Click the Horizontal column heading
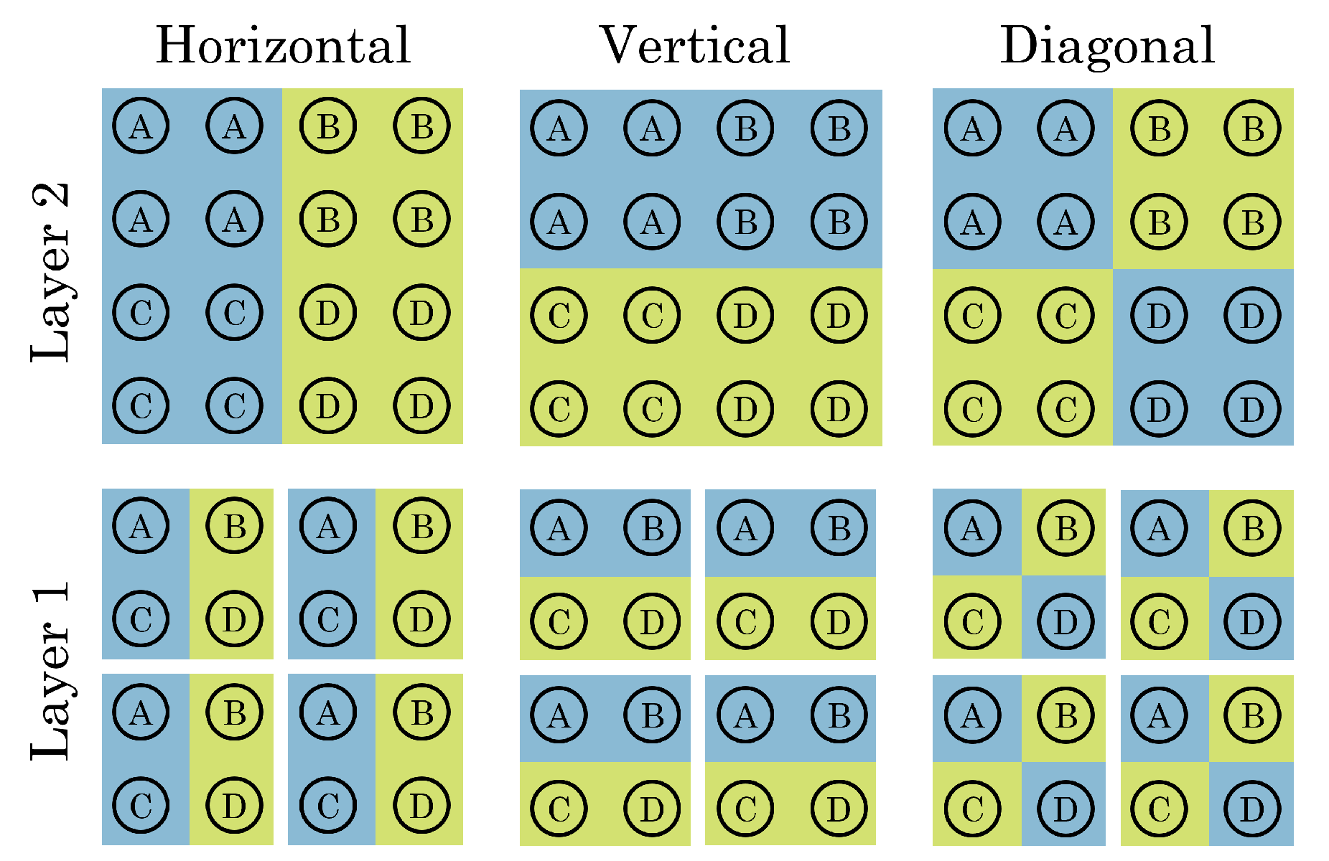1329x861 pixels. point(283,46)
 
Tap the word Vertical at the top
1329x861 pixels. point(694,46)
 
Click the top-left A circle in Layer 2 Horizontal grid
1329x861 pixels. point(141,127)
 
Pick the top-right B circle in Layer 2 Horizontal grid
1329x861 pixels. point(421,127)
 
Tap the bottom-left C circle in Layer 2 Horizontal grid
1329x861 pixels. point(141,406)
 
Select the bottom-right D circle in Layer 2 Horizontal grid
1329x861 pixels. point(421,406)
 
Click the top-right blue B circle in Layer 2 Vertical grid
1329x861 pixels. point(839,129)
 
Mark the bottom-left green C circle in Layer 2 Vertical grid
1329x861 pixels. point(559,409)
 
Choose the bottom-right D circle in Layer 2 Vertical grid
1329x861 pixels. point(839,409)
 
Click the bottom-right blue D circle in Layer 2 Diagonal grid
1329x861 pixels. point(1252,409)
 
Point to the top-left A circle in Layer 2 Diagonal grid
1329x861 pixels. point(972,129)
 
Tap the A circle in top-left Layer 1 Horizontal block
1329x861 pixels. point(141,527)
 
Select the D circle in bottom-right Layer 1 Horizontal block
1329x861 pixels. point(421,806)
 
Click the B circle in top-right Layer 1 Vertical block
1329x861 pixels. point(839,529)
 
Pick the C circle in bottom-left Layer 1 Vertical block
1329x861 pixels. point(559,809)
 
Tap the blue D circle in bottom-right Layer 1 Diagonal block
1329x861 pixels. point(1252,809)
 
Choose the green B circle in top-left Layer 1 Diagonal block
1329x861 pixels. point(1065,529)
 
